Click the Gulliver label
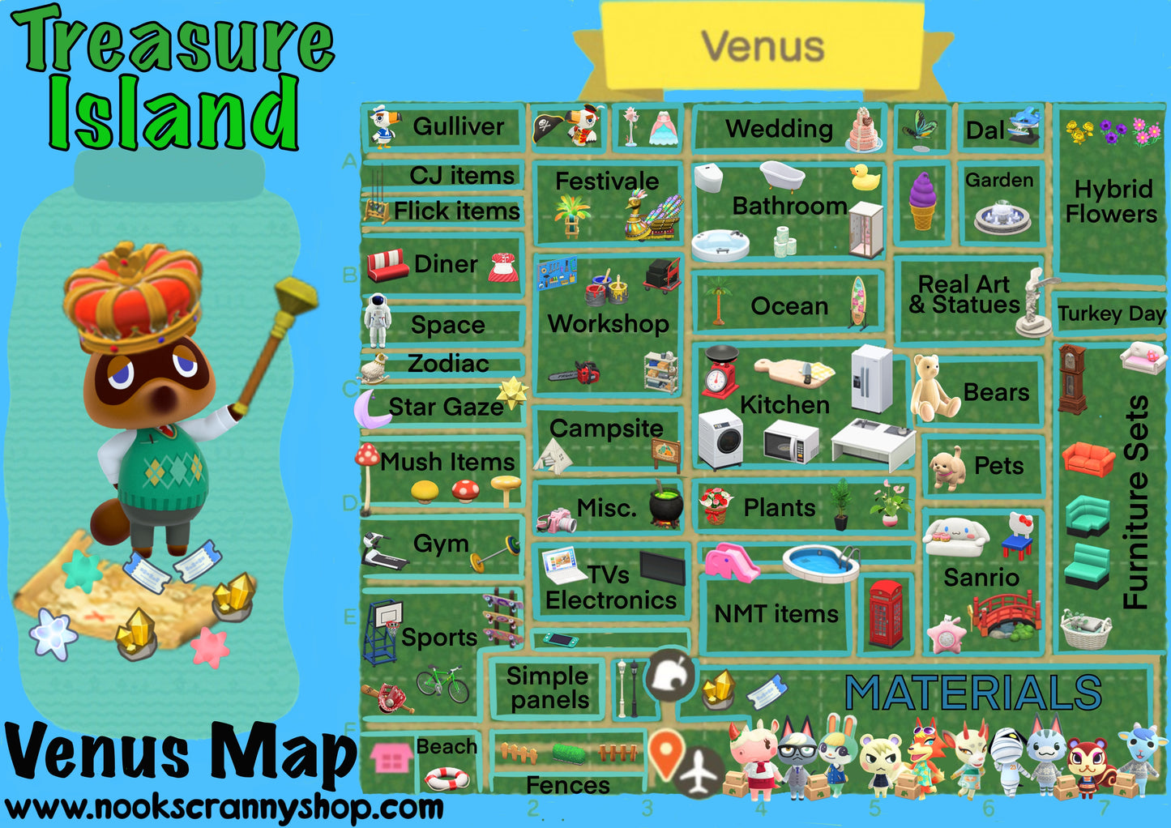(458, 126)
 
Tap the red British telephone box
(885, 613)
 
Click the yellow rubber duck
(865, 177)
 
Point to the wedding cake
(864, 130)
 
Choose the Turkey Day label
(1111, 314)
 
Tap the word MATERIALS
(972, 694)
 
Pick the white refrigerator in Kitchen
(871, 378)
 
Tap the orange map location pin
(666, 753)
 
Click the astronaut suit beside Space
(377, 321)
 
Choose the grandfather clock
(1071, 379)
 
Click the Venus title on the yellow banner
(763, 45)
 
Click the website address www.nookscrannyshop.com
(224, 807)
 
